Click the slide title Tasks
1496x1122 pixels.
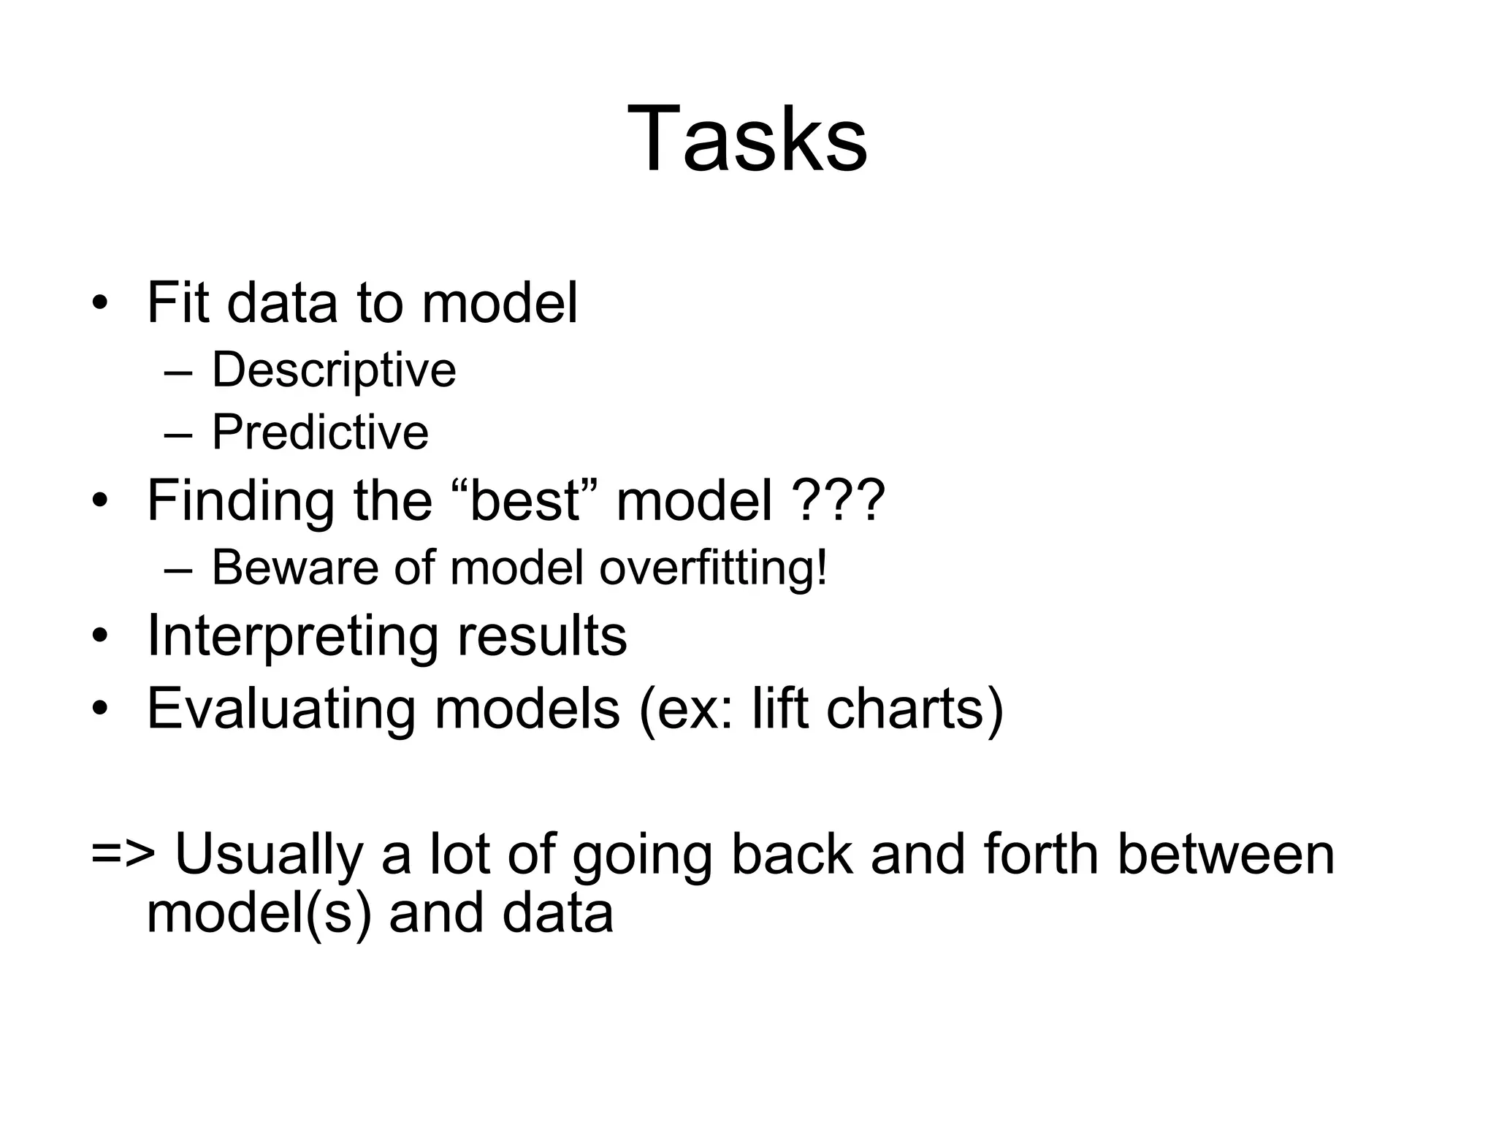point(747,139)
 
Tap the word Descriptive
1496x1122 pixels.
point(334,370)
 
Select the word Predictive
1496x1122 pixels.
point(320,432)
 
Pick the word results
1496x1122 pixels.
point(542,636)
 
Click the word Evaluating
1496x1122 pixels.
point(280,709)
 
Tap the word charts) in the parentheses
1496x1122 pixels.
point(915,709)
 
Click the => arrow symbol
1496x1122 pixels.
point(122,855)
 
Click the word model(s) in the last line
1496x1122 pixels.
point(259,915)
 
